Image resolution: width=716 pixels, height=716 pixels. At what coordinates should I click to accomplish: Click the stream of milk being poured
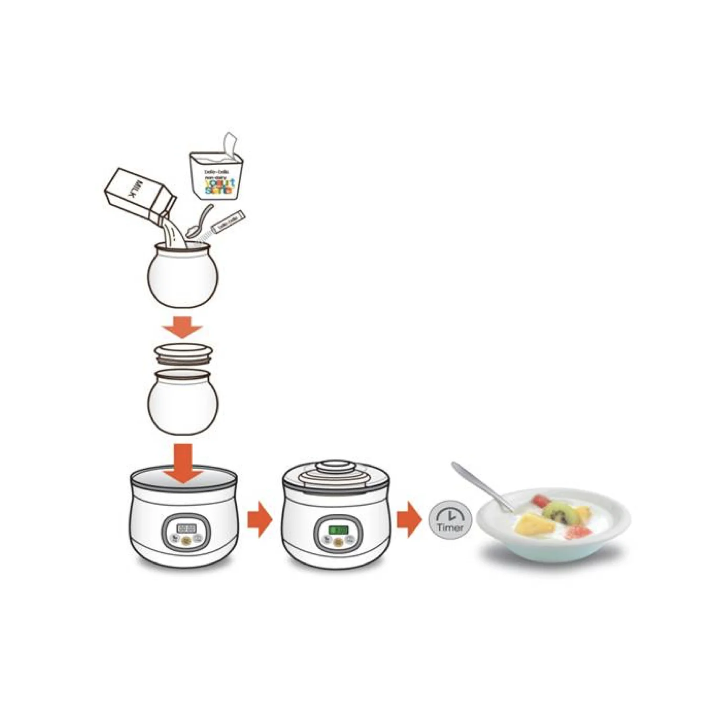point(174,234)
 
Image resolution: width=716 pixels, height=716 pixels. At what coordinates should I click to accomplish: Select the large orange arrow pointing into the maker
point(183,463)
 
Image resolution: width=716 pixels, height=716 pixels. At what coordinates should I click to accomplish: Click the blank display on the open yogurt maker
point(186,528)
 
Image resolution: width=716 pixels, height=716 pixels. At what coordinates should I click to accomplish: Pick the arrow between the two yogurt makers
point(259,519)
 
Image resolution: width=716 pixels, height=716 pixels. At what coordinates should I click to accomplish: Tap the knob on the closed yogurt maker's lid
point(337,465)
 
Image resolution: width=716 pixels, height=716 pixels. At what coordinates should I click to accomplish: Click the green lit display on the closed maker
point(338,530)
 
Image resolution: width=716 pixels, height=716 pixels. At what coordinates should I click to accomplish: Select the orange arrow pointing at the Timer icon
point(409,519)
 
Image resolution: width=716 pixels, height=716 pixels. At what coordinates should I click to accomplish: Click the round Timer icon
point(450,520)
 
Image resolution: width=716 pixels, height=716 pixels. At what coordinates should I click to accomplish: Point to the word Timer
point(450,527)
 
